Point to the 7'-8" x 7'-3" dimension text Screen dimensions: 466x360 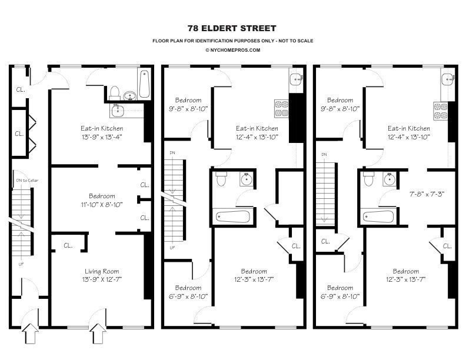pyautogui.click(x=428, y=193)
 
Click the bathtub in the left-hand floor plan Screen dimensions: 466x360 pyautogui.click(x=144, y=84)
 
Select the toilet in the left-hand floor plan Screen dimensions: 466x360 pyautogui.click(x=115, y=93)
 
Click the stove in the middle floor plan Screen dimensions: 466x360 pyautogui.click(x=281, y=108)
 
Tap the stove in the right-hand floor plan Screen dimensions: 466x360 pyautogui.click(x=441, y=108)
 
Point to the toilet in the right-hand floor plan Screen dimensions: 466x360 pyautogui.click(x=369, y=179)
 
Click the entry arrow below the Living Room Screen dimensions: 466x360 pyautogui.click(x=96, y=337)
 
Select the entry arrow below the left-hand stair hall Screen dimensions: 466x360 pyautogui.click(x=30, y=337)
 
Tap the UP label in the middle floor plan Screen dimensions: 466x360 pyautogui.click(x=172, y=247)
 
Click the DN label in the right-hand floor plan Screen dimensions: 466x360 pyautogui.click(x=324, y=155)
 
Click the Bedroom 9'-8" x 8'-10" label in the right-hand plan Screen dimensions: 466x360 pyautogui.click(x=340, y=104)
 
